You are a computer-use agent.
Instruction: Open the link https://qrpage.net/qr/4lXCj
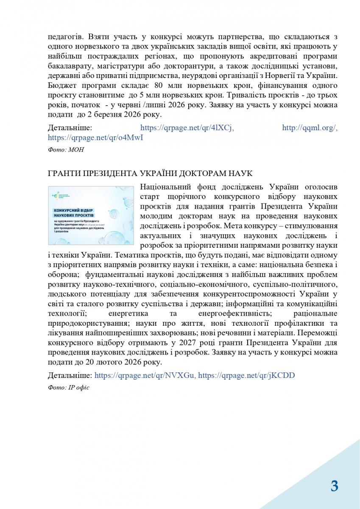point(187,127)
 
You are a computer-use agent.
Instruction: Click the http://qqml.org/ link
point(310,127)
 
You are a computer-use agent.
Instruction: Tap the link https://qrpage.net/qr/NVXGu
point(145,375)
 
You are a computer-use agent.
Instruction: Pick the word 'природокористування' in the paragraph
point(87,323)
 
